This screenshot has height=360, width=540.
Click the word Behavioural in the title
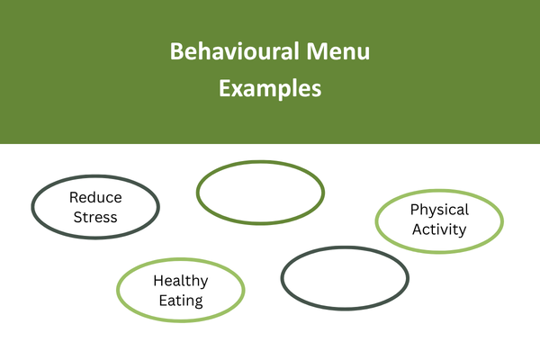pos(234,51)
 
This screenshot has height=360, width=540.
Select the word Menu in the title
pos(338,51)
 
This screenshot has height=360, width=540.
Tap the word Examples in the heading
pos(270,89)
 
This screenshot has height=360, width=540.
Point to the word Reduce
pos(95,197)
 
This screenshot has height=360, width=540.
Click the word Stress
pos(95,218)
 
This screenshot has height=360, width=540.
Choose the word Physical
pos(439,210)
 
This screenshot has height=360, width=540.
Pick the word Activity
pos(439,229)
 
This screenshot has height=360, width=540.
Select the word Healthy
pos(181,281)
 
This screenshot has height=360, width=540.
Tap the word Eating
pos(181,301)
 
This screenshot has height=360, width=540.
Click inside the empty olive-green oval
pos(260,193)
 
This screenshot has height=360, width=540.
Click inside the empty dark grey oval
pos(345,278)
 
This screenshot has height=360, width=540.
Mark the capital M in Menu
pos(316,51)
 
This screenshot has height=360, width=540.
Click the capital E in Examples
pos(224,88)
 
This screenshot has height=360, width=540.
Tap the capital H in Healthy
pos(158,281)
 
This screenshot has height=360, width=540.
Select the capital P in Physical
pos(414,210)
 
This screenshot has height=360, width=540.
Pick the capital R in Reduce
pos(74,197)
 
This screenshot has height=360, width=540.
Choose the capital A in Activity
pos(418,229)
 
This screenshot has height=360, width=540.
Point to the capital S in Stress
pos(77,218)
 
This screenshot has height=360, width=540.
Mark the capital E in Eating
pos(163,301)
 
